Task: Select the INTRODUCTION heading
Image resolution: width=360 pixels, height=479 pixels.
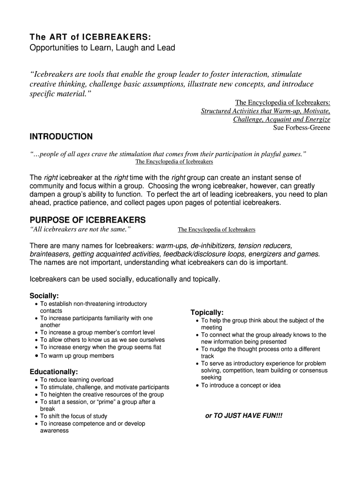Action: pyautogui.click(x=61, y=137)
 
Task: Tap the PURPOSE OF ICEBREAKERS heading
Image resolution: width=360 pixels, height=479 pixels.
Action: pyautogui.click(x=88, y=220)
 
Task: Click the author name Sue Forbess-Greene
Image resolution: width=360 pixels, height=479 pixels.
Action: pyautogui.click(x=302, y=127)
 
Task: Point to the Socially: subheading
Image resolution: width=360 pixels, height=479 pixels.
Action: pyautogui.click(x=44, y=296)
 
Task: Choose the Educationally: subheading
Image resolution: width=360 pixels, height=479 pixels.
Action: pyautogui.click(x=54, y=371)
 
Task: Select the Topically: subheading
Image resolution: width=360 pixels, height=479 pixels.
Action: pyautogui.click(x=207, y=312)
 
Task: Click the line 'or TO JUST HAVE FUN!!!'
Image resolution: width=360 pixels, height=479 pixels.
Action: pyautogui.click(x=244, y=415)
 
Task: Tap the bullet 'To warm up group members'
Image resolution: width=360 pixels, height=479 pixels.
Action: pyautogui.click(x=77, y=356)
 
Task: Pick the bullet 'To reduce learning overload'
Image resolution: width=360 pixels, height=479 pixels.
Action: pyautogui.click(x=77, y=380)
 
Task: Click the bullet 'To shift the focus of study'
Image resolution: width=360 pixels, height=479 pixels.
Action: pyautogui.click(x=73, y=416)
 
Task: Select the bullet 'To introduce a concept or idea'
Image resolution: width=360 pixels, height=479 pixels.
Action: pyautogui.click(x=241, y=385)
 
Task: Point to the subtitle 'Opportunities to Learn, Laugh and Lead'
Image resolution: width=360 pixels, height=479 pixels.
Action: pyautogui.click(x=102, y=48)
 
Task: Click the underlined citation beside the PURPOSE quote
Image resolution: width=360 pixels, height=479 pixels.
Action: pyautogui.click(x=216, y=230)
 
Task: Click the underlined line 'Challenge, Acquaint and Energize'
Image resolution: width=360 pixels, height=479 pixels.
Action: pyautogui.click(x=281, y=119)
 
